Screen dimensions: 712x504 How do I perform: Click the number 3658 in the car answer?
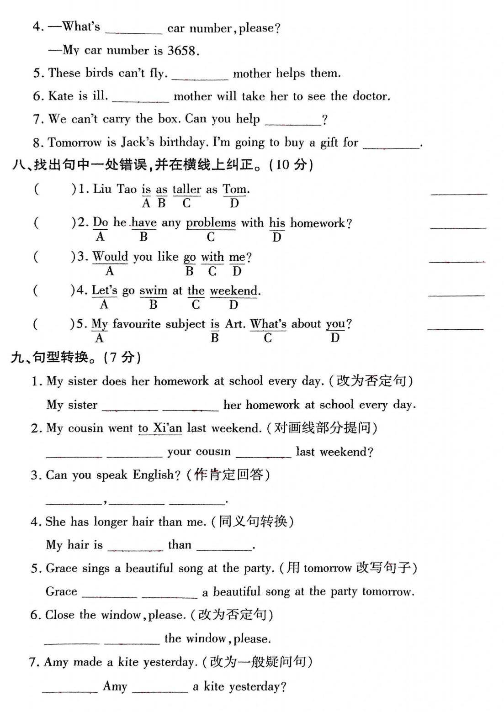point(182,50)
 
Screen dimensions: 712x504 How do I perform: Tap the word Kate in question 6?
point(61,96)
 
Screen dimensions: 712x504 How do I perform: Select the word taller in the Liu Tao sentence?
point(186,189)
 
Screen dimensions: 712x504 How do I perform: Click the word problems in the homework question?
point(211,223)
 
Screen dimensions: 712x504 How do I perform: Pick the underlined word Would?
point(110,257)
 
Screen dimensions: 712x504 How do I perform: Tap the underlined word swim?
point(153,290)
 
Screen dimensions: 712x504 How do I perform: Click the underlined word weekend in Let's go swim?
point(233,290)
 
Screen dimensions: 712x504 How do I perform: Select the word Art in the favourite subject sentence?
point(234,324)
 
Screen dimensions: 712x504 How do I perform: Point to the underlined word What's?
point(268,324)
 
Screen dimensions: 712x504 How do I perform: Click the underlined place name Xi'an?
point(167,428)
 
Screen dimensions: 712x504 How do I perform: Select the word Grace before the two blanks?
point(61,591)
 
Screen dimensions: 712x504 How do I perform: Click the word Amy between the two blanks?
point(115,686)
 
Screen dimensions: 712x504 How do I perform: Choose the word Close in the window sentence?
point(59,615)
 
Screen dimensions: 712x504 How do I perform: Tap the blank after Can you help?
point(292,122)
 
